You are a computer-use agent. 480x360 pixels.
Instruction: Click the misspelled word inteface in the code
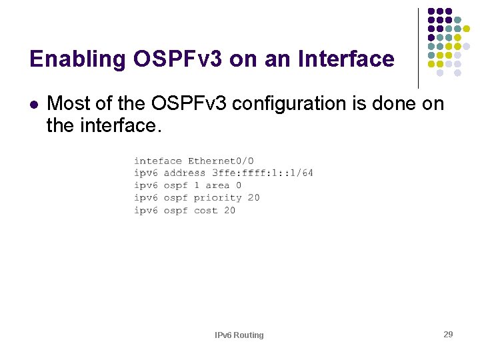pyautogui.click(x=157, y=161)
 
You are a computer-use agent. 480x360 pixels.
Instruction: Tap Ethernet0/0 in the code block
pyautogui.click(x=221, y=161)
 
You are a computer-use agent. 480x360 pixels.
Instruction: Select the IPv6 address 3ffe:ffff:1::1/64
pyautogui.click(x=262, y=173)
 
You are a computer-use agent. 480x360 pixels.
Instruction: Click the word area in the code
pyautogui.click(x=217, y=185)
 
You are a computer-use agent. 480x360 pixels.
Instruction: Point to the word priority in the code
pyautogui.click(x=217, y=198)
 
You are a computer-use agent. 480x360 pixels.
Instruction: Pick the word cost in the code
pyautogui.click(x=205, y=211)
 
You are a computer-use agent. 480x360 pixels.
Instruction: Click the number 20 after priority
pyautogui.click(x=253, y=198)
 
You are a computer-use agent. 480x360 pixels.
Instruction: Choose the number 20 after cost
pyautogui.click(x=229, y=211)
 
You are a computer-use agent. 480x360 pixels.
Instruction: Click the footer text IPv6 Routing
pyautogui.click(x=239, y=335)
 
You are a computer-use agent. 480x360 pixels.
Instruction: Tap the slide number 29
pyautogui.click(x=448, y=334)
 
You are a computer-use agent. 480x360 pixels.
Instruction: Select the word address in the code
pyautogui.click(x=185, y=173)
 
